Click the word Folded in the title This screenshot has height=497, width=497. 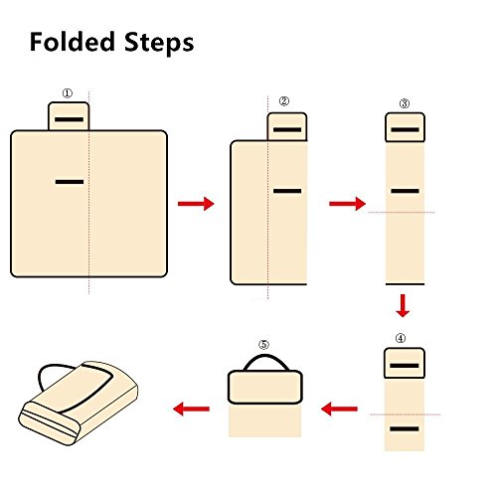[x=73, y=42]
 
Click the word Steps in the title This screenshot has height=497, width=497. [x=159, y=43]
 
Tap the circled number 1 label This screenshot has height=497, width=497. [x=68, y=93]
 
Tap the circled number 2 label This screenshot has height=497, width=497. [x=284, y=101]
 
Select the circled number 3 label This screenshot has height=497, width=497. [x=405, y=103]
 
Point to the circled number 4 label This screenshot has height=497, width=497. [x=401, y=338]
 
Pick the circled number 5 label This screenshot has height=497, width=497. [x=263, y=345]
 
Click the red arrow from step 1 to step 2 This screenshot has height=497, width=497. [x=196, y=204]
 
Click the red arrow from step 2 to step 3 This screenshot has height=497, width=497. [x=347, y=204]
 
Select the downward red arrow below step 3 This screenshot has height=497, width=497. [x=403, y=305]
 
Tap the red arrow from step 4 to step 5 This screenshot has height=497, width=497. [x=339, y=409]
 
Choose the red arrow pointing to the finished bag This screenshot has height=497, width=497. [x=191, y=409]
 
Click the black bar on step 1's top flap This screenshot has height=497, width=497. [x=69, y=119]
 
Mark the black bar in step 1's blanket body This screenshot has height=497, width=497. [x=70, y=182]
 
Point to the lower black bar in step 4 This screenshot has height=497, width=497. [x=405, y=429]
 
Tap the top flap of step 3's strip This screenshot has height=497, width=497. [x=405, y=127]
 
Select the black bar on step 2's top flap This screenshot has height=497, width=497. [x=287, y=129]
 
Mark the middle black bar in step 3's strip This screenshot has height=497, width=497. [x=405, y=191]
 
